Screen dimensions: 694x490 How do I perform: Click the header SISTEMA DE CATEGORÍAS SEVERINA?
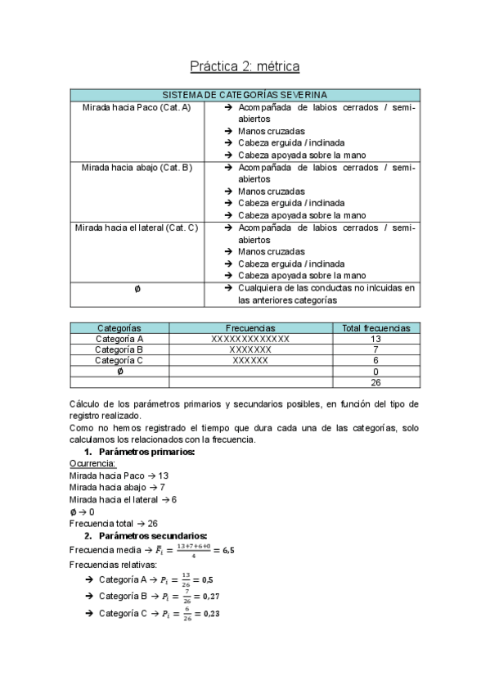245,95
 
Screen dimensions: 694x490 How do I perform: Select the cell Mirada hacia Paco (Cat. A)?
137,107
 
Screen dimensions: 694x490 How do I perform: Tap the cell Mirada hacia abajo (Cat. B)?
137,167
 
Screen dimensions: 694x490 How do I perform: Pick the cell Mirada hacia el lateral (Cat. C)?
137,228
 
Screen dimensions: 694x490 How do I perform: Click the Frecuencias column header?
250,327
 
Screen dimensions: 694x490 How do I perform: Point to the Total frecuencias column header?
375,327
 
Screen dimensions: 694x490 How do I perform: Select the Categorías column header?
119,327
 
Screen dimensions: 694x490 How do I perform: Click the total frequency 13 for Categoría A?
375,339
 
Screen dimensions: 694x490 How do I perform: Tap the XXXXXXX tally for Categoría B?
250,349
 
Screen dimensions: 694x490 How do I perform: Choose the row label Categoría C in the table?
119,360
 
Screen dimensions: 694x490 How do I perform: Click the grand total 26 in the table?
375,381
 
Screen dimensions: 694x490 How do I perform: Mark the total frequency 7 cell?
375,349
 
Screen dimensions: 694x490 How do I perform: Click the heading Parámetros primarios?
146,453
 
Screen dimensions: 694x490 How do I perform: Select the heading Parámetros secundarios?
152,535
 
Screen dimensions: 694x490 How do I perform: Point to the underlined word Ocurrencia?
92,464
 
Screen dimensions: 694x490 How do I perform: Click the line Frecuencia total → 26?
114,522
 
